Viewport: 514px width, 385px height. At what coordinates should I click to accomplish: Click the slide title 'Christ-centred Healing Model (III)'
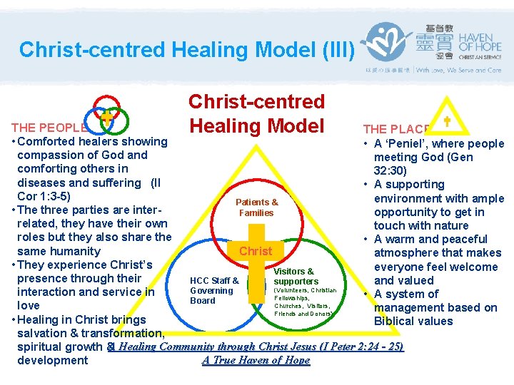pos(186,49)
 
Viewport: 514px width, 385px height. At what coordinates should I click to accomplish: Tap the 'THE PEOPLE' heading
pos(49,128)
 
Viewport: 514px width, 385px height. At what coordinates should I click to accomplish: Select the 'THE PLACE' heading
pos(396,129)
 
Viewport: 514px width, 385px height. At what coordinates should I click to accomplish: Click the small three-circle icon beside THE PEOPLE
pos(106,116)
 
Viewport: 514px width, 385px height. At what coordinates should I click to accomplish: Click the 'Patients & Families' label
pos(256,207)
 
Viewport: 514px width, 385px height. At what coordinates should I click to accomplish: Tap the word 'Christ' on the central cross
pos(256,251)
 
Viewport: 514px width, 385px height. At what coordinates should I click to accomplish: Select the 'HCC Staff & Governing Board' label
pos(213,290)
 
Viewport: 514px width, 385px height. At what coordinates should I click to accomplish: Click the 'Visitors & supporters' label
pos(294,277)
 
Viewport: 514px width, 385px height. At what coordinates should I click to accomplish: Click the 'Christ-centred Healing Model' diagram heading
pos(256,114)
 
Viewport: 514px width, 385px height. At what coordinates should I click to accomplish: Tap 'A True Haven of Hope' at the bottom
pos(256,360)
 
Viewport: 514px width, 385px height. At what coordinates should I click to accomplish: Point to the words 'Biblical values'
pos(413,321)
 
